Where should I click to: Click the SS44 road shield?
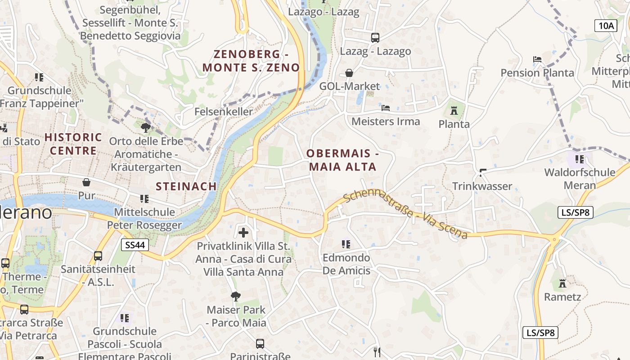click(x=135, y=245)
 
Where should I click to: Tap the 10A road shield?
click(x=606, y=25)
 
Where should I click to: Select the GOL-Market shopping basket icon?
click(x=349, y=72)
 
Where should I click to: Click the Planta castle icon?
click(x=454, y=110)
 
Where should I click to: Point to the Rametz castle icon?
click(x=562, y=283)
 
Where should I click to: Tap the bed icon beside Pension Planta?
click(x=537, y=59)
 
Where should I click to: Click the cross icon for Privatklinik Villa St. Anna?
click(x=243, y=232)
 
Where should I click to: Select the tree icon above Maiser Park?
click(x=235, y=296)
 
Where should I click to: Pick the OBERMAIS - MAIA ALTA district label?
click(x=342, y=160)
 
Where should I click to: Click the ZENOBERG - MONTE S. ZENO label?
click(x=251, y=61)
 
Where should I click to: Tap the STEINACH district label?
click(x=186, y=186)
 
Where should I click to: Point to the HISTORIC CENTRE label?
click(x=73, y=144)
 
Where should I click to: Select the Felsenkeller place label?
click(x=224, y=112)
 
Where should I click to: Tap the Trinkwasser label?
click(x=482, y=186)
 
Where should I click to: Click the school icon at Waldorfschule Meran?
click(x=580, y=159)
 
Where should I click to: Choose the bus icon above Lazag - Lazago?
click(x=375, y=37)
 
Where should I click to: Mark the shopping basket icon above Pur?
click(x=86, y=182)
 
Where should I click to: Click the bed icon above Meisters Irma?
click(x=386, y=108)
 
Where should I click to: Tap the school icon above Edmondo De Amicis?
click(x=346, y=244)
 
